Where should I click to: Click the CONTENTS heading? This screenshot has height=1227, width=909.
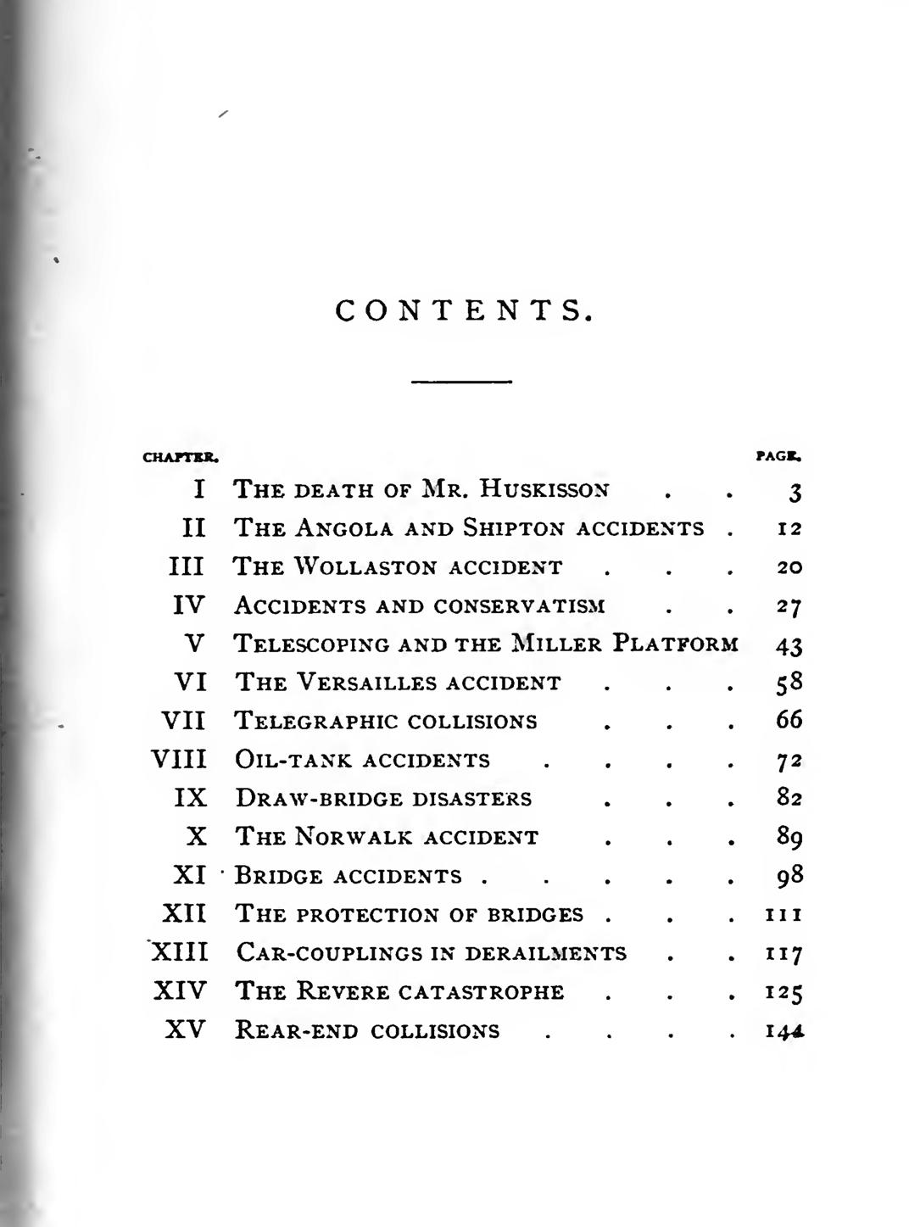coord(462,311)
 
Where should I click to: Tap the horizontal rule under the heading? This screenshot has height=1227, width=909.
coord(461,382)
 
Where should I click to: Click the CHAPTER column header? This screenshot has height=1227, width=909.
coord(181,457)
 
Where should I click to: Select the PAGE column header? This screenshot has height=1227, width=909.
coord(778,456)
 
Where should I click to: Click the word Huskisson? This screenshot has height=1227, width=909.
coord(544,489)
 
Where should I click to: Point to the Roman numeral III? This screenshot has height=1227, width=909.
coord(187,567)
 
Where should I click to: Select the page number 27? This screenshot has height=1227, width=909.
coord(789,607)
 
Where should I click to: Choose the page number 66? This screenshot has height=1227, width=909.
coord(789,720)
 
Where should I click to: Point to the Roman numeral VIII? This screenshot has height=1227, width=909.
coord(179,759)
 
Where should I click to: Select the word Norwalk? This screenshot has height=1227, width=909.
coord(354,838)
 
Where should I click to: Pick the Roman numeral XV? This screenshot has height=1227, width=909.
coord(185,1030)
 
